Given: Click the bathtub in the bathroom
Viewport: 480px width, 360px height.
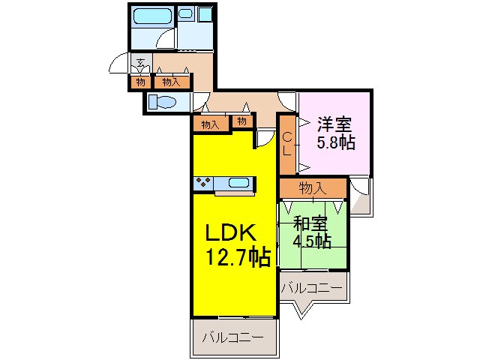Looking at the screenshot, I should pos(154,16).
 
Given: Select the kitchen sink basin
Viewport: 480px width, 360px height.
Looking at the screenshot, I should pos(238,182).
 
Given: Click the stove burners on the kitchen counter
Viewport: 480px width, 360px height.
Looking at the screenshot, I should pos(202,182).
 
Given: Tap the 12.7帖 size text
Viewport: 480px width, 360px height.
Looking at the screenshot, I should pos(238,258).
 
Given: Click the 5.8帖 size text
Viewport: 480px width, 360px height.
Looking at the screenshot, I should pos(335,142).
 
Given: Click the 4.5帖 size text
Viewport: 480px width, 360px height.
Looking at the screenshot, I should pos(312,241).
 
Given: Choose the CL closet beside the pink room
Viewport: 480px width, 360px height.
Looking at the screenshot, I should pos(288,142).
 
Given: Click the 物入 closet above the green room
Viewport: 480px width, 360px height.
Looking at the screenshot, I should pos(313,187).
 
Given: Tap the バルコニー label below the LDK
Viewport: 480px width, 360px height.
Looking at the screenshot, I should pos(232,338).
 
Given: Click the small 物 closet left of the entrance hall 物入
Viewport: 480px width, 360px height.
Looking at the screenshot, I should pos(140,82).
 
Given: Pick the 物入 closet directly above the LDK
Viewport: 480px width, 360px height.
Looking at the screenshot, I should pos(211,124).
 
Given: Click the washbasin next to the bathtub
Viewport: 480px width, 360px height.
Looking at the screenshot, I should pos(187,13).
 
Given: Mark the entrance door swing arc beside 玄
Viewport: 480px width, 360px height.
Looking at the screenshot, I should pos(118,65).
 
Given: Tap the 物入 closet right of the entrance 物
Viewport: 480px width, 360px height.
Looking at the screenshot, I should pos(170,82).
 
